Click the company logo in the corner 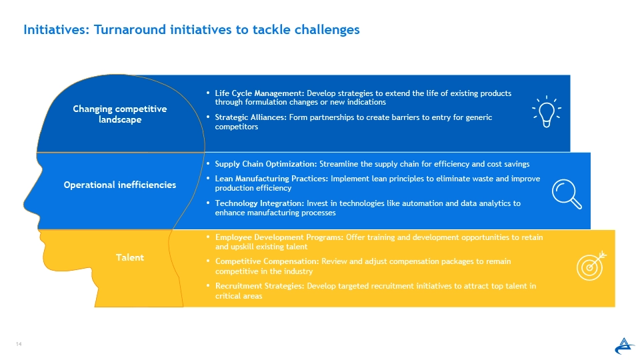[624, 346]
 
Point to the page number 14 [19, 344]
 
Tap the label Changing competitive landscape [120, 114]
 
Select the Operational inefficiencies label [120, 185]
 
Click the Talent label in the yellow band [130, 257]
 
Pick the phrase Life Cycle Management [259, 93]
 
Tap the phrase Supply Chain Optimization [266, 164]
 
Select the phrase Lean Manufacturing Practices [271, 179]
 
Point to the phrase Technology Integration [259, 203]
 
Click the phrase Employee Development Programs [279, 237]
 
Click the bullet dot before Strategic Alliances [208, 117]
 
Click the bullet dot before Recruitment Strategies [208, 286]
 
